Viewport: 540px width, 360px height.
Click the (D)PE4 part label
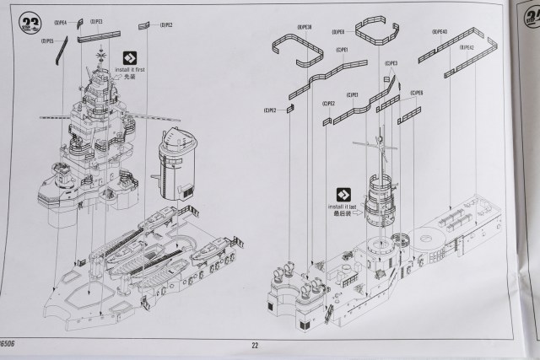pos(61,23)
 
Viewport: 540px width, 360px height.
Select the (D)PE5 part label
pos(47,40)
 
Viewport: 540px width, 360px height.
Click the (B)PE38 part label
pos(305,27)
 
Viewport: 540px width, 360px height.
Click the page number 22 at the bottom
pos(255,344)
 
